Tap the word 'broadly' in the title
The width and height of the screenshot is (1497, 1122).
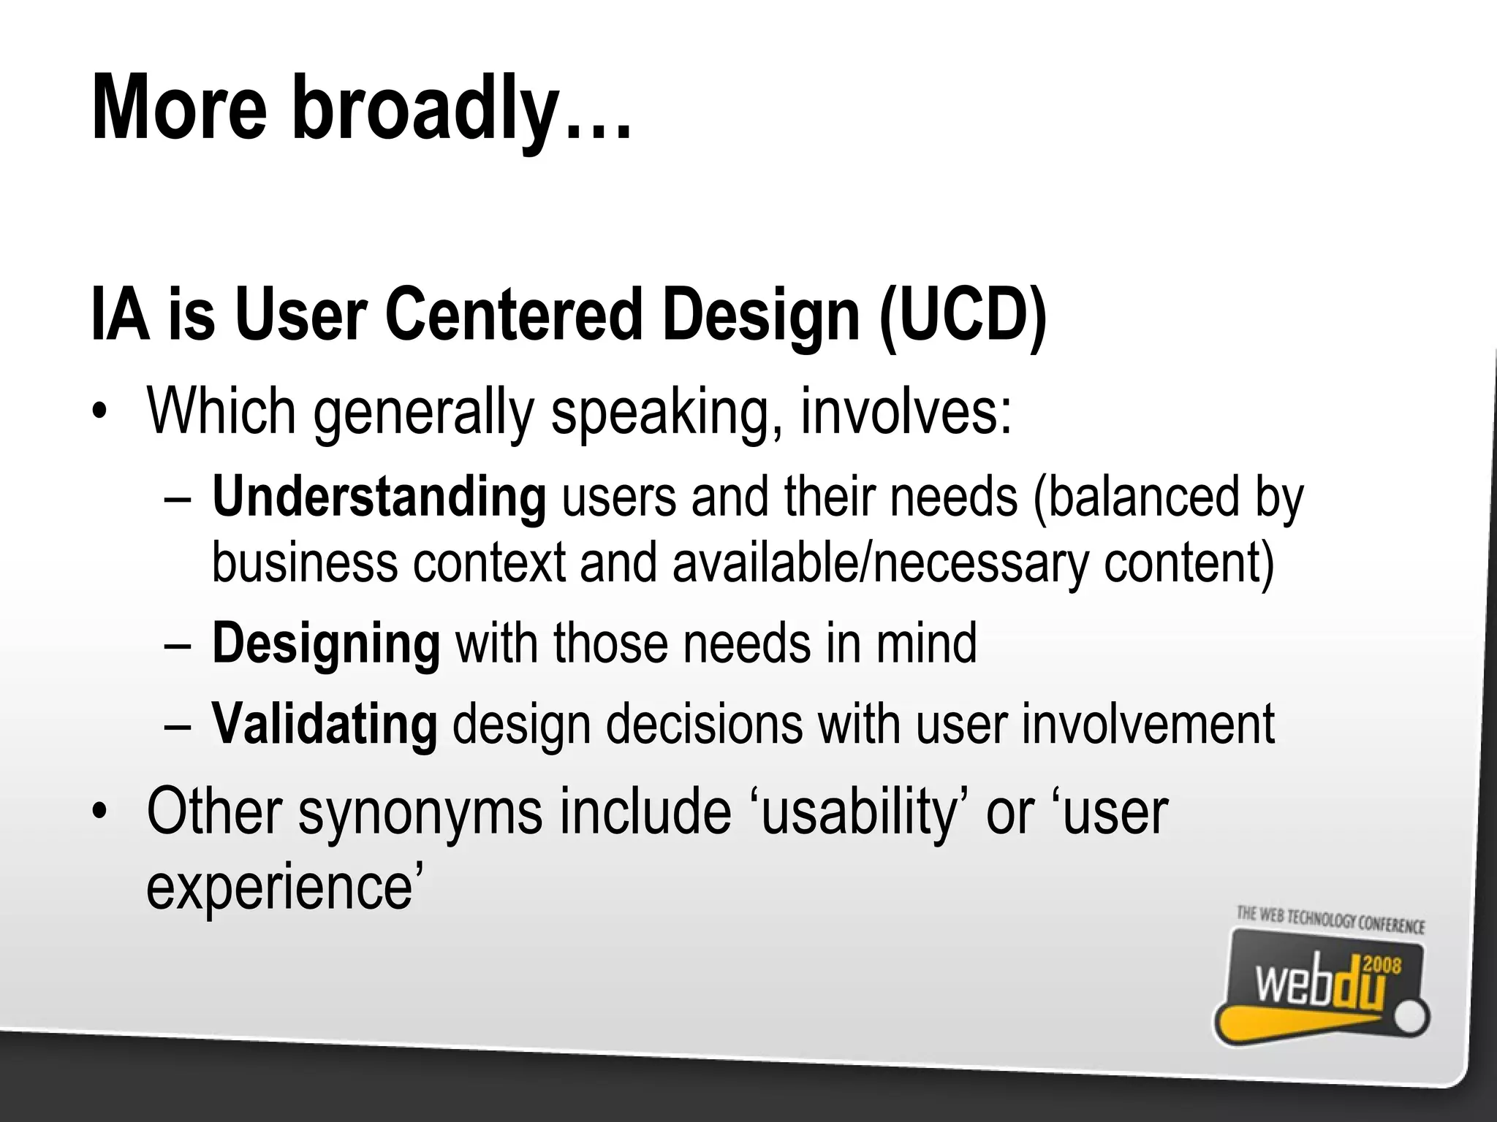[424, 110]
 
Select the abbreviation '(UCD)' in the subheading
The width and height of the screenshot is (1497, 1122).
[963, 316]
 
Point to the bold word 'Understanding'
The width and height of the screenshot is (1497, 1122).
[379, 497]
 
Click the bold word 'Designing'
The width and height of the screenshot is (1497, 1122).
[326, 643]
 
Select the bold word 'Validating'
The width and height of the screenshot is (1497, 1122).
[325, 723]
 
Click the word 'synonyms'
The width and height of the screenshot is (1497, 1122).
[420, 812]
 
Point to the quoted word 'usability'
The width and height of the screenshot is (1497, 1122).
[859, 812]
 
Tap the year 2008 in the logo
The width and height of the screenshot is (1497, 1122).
[1382, 966]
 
